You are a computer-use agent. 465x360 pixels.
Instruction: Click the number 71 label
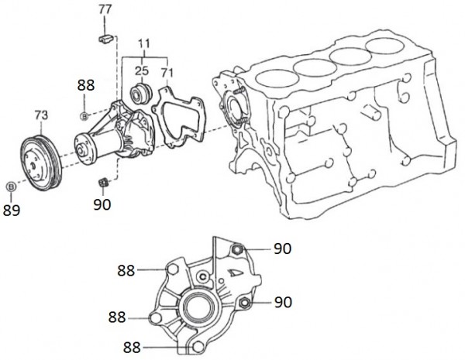(x=167, y=72)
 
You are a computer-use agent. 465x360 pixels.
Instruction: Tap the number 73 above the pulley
(x=41, y=115)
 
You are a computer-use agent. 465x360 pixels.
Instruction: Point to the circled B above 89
(x=11, y=187)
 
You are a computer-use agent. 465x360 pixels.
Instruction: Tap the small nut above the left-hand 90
(x=102, y=183)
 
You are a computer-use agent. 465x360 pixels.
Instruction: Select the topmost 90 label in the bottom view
(x=282, y=249)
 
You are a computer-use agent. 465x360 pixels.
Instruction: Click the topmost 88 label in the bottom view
(x=127, y=270)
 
